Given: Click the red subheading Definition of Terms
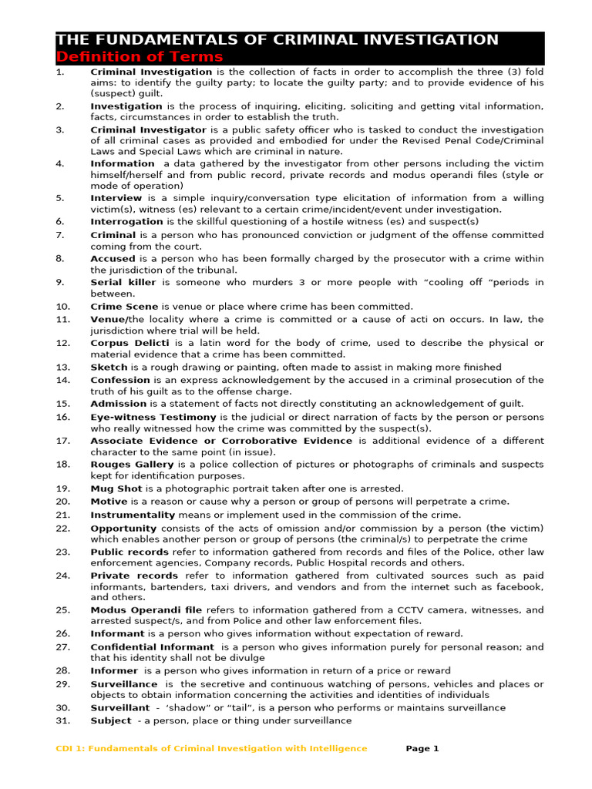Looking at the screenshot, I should tap(140, 57).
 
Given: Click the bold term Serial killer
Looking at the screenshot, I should tap(123, 282).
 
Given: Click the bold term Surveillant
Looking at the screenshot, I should tap(120, 707).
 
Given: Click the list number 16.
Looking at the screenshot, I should tap(63, 417).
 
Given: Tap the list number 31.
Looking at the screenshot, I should tap(63, 720).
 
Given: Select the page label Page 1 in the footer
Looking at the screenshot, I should tap(422, 748).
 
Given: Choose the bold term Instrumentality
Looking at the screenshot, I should tap(133, 515).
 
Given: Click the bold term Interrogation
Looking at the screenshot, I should tap(127, 221).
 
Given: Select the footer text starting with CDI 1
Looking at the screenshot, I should tap(212, 748).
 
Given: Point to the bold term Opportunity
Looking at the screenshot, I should tap(123, 528).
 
